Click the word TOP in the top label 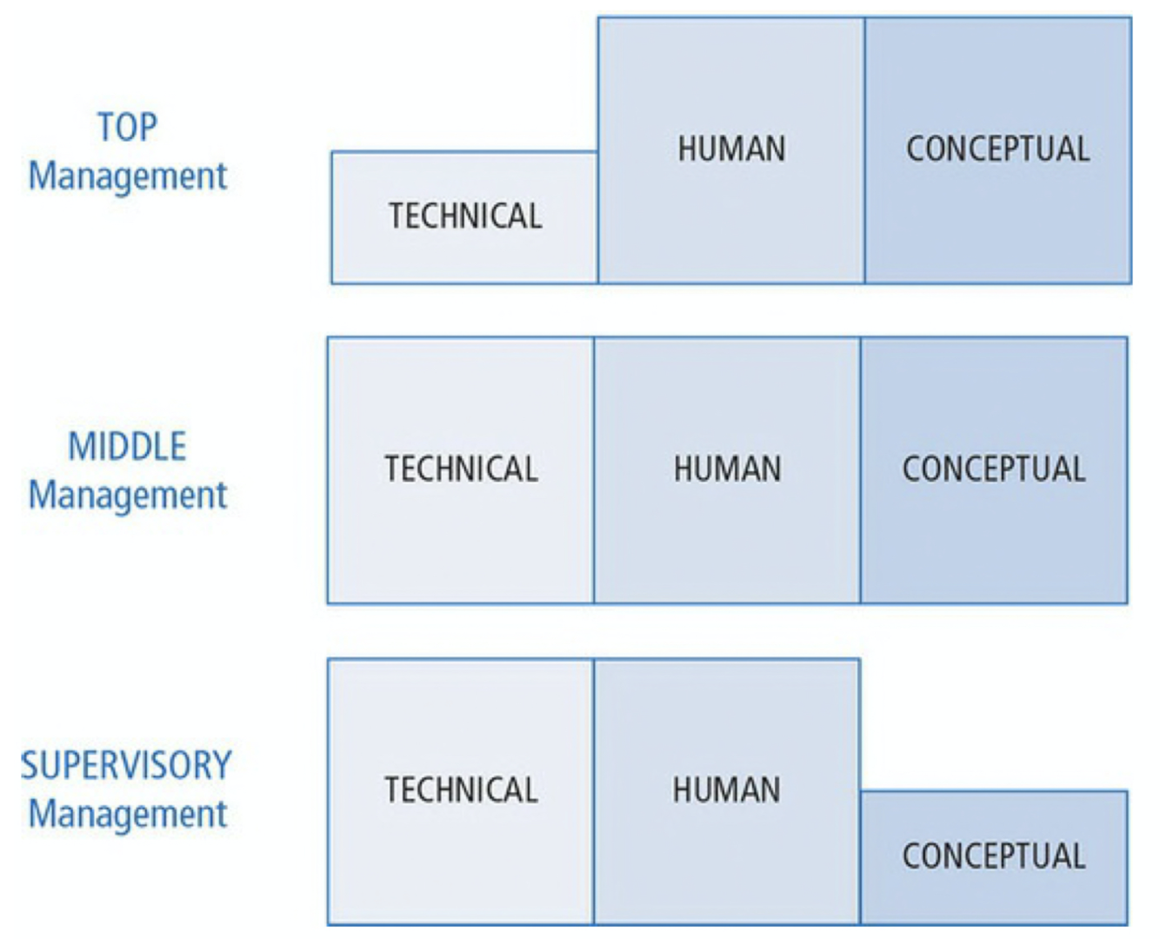[127, 128]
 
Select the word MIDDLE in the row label [127, 447]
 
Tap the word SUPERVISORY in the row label [126, 766]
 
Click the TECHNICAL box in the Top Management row [464, 243]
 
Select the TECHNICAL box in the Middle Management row [461, 522]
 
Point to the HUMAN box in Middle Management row [727, 522]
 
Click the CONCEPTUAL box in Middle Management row [994, 522]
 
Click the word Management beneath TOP [128, 176]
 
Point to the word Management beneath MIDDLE [128, 496]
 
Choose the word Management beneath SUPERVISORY [128, 815]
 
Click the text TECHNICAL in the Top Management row [465, 216]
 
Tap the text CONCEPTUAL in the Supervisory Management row [994, 856]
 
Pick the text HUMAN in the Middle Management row [728, 469]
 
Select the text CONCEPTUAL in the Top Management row [998, 149]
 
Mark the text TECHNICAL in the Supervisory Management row [462, 790]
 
